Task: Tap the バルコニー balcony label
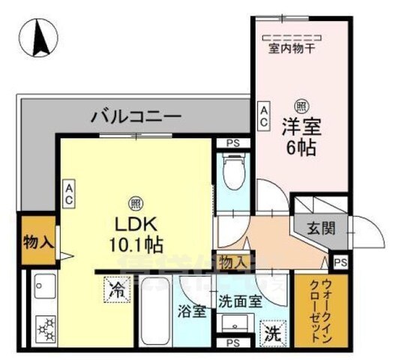(136, 116)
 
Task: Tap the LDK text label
(135, 223)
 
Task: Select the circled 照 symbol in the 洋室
(300, 106)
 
